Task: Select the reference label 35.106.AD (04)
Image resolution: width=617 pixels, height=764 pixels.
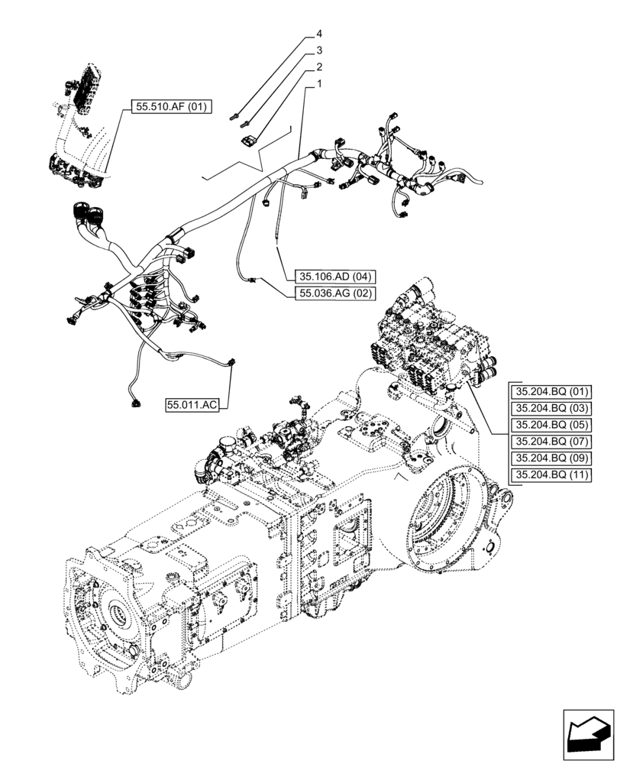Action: click(x=333, y=277)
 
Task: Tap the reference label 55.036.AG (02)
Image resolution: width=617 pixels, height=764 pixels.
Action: click(x=333, y=293)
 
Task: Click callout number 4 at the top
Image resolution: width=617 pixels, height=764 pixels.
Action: click(x=319, y=35)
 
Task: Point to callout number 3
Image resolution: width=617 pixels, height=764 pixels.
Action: click(x=319, y=51)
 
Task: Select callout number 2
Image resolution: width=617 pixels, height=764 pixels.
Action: click(x=319, y=67)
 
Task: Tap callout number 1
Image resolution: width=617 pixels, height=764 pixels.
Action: click(x=319, y=84)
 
